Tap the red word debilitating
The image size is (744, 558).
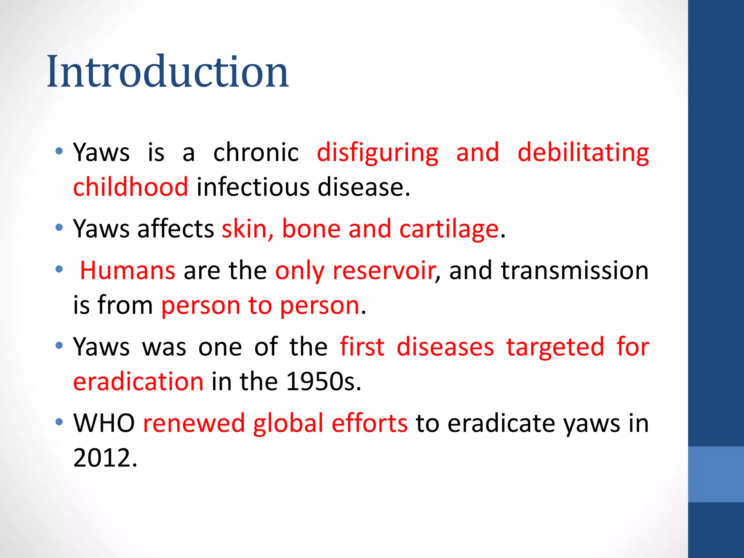point(583,153)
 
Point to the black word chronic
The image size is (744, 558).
point(256,153)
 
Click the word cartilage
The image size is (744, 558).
point(449,230)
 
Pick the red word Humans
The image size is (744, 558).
point(128,271)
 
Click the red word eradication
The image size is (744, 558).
point(138,382)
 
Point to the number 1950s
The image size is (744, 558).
point(323,382)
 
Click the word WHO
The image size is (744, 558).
point(104,424)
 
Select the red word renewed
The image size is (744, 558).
point(194,424)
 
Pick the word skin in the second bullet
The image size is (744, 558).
point(244,230)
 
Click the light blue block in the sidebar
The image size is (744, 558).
point(716,474)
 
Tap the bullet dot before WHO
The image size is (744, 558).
point(59,422)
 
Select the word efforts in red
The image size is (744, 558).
point(369,424)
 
